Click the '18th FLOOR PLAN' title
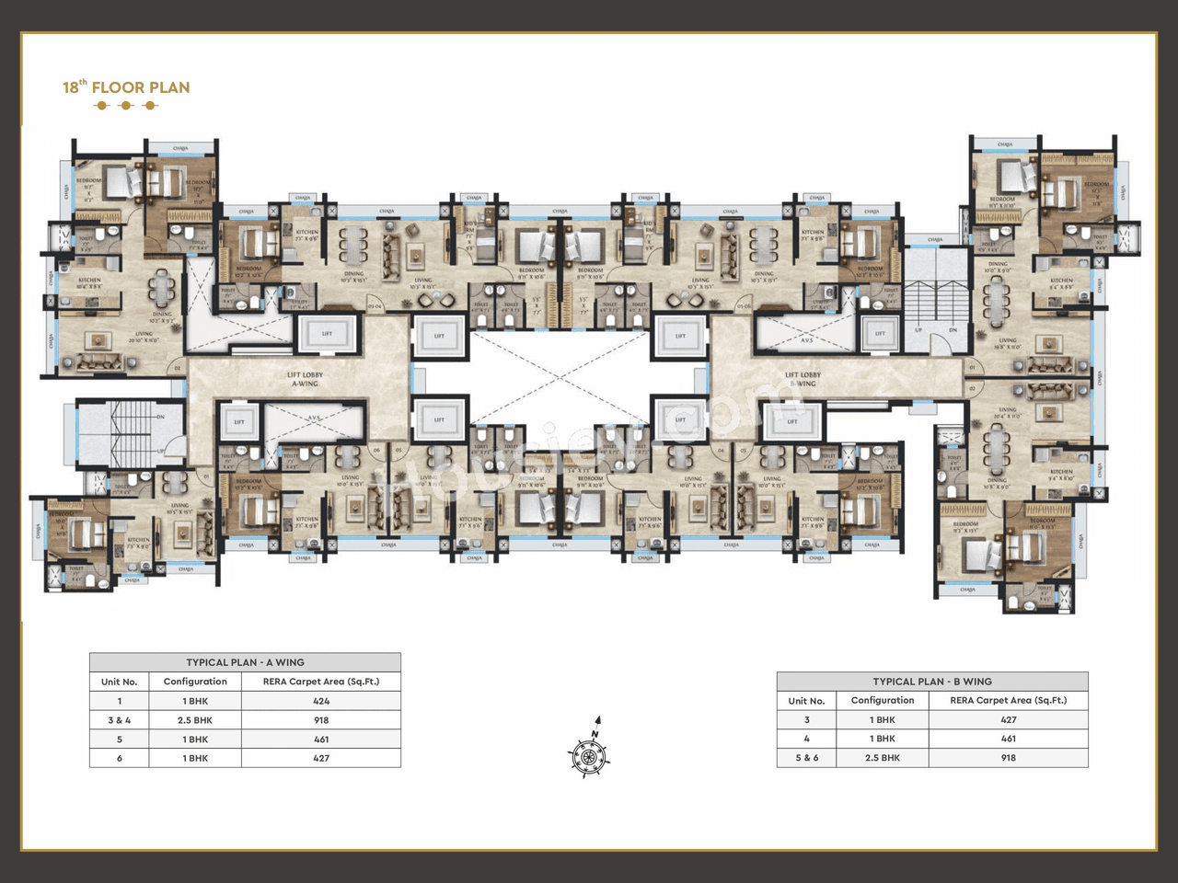click(x=126, y=87)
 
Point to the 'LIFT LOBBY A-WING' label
click(x=305, y=379)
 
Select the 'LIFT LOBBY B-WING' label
click(x=803, y=379)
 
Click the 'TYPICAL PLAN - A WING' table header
click(x=245, y=662)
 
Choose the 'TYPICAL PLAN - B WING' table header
click(x=932, y=682)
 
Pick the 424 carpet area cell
click(x=321, y=701)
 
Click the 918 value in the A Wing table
click(x=321, y=720)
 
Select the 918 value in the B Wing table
click(x=1009, y=758)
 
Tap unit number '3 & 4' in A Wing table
click(x=120, y=720)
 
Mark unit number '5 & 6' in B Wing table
click(x=807, y=758)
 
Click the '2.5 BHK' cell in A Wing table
click(x=195, y=720)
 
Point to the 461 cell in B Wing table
click(x=1009, y=739)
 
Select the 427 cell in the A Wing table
click(x=321, y=758)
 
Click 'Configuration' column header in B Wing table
click(x=883, y=700)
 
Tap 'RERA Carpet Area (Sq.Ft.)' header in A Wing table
click(x=321, y=682)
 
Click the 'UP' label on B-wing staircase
click(x=918, y=329)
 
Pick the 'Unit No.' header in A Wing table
click(x=120, y=682)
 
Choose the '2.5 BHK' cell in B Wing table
click(x=883, y=758)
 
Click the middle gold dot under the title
click(x=126, y=106)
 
